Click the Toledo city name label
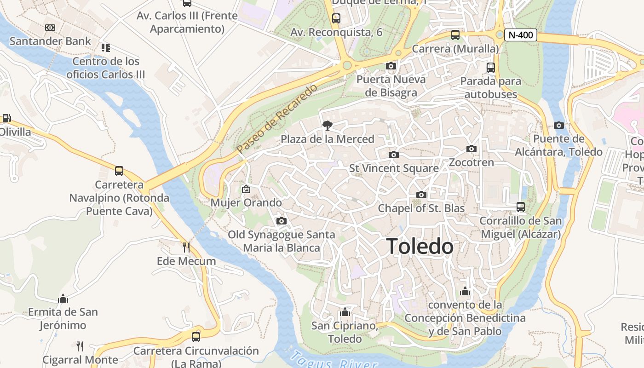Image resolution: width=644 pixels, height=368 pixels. (x=420, y=247)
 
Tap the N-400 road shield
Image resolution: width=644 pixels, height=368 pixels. (x=521, y=34)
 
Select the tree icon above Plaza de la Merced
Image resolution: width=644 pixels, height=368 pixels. (x=328, y=125)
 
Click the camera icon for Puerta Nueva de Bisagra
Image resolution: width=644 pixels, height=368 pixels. (x=391, y=66)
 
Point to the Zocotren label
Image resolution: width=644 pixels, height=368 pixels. (x=471, y=162)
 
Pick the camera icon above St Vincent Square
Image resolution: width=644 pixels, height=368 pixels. (x=393, y=155)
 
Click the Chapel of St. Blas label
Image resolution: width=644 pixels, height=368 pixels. (x=421, y=208)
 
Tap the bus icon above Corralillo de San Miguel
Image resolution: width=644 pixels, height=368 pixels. (x=521, y=207)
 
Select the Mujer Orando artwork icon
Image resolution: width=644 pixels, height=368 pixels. (x=246, y=189)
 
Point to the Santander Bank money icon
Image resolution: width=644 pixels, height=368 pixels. (x=50, y=28)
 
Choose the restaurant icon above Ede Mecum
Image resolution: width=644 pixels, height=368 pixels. (x=186, y=247)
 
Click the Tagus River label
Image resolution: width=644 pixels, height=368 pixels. (x=333, y=361)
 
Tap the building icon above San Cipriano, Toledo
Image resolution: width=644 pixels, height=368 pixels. (x=345, y=312)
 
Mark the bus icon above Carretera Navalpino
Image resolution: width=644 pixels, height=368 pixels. (x=119, y=171)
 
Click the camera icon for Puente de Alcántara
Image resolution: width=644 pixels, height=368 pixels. (x=559, y=125)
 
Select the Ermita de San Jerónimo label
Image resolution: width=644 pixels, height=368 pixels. (x=63, y=318)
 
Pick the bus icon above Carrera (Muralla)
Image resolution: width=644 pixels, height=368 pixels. (x=455, y=34)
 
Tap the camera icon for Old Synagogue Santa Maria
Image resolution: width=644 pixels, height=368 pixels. (x=282, y=221)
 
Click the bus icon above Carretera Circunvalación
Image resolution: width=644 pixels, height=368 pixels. (x=196, y=337)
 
